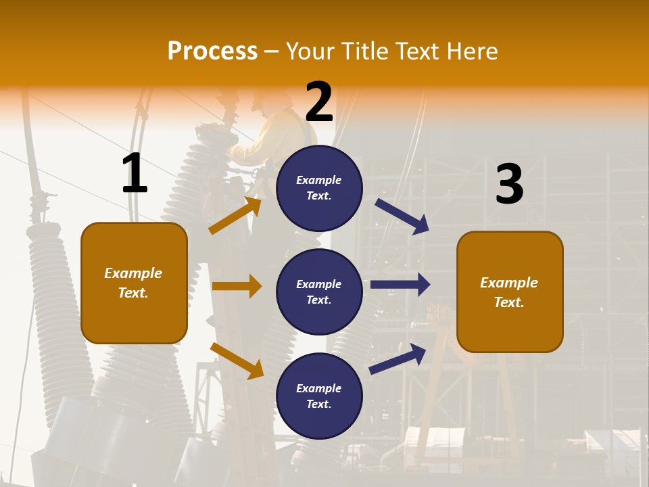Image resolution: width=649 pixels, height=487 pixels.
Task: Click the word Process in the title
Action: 212,51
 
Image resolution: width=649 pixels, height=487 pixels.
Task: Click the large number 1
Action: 135,174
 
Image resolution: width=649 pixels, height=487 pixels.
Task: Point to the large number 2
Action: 319,102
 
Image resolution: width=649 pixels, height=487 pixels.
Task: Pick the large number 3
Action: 509,185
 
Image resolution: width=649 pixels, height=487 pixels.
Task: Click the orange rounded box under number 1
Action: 134,283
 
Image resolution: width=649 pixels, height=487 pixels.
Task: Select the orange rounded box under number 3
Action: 510,292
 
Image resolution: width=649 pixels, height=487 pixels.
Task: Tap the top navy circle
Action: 319,188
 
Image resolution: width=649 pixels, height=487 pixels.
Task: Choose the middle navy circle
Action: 319,292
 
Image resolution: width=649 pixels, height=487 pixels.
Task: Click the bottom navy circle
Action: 319,396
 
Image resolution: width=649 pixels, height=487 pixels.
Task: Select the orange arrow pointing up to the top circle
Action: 235,216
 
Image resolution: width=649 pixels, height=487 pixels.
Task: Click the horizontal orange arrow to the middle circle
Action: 237,286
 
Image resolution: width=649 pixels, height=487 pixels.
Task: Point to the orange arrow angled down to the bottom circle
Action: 237,361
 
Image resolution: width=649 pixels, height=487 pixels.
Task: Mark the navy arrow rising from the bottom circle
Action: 398,359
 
